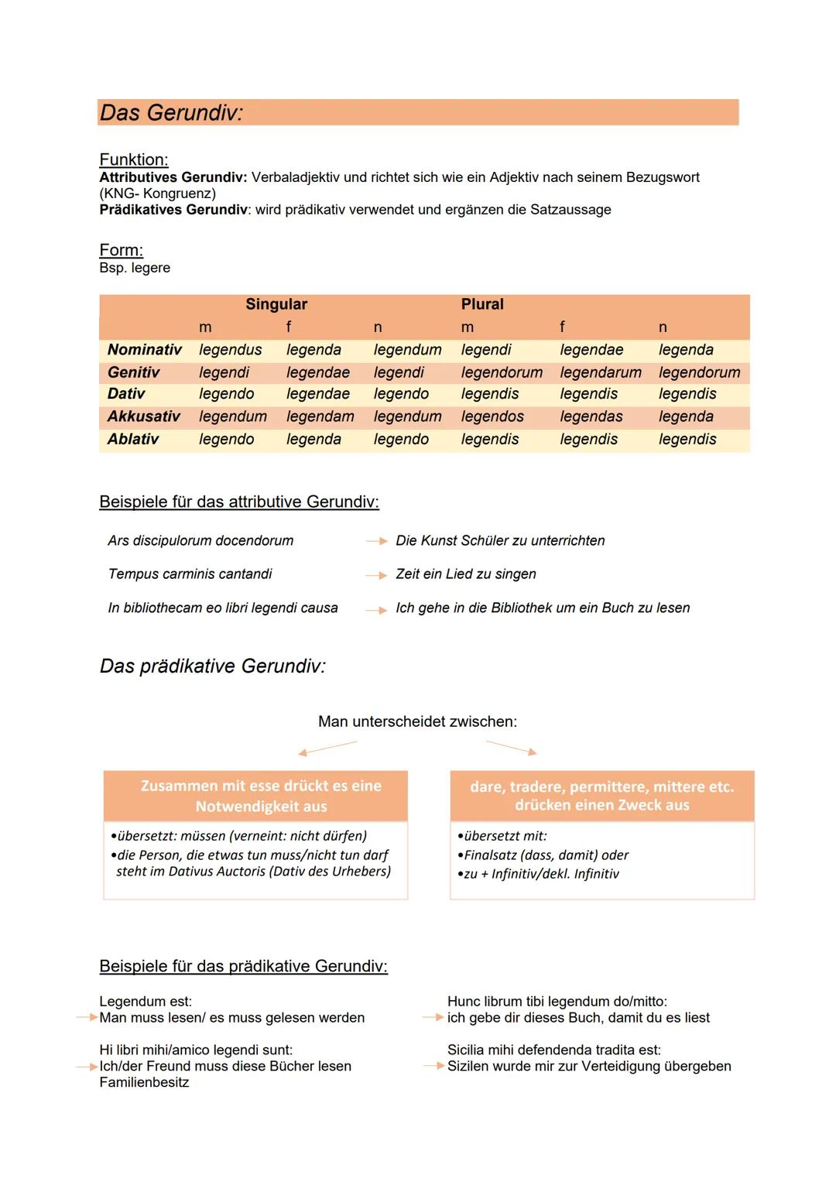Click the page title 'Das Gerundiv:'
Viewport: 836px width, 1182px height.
pos(171,113)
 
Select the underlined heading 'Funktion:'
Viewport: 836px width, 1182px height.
pos(134,159)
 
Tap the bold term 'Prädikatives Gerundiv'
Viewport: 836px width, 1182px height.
pos(173,210)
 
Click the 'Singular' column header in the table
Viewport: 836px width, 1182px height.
pos(276,304)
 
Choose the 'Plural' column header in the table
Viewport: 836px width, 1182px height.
pos(482,304)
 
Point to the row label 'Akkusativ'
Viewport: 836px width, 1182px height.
pos(144,416)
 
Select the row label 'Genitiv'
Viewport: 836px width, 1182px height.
pos(134,372)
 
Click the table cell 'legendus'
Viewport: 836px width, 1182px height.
pos(231,350)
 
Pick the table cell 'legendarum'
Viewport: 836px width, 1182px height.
pos(601,372)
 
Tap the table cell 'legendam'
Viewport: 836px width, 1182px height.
pos(320,416)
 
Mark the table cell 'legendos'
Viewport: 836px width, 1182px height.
pos(492,416)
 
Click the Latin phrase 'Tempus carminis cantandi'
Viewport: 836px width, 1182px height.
pos(190,574)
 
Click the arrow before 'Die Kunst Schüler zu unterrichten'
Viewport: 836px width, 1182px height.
pos(376,541)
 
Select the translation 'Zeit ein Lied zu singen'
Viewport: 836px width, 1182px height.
pos(466,574)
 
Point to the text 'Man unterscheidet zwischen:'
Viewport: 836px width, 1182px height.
pos(417,721)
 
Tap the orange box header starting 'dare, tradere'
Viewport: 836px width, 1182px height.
pos(601,796)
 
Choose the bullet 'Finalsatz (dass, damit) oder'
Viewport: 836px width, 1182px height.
pos(546,855)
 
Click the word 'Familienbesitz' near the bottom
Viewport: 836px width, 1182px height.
pos(144,1082)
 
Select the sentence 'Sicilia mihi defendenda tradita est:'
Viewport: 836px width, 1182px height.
pos(554,1050)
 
